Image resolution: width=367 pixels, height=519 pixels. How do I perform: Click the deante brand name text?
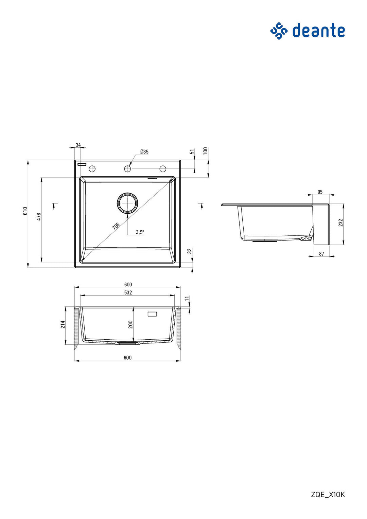pos(318,30)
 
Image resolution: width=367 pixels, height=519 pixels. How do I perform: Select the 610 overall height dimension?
pos(25,211)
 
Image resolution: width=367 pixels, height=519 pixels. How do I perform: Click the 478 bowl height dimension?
pos(39,217)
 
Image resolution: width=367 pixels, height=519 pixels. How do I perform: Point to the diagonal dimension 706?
pos(116,226)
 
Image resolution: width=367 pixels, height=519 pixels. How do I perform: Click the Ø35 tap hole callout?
pos(144,152)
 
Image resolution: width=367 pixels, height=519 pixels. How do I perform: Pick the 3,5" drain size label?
pos(140,232)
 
